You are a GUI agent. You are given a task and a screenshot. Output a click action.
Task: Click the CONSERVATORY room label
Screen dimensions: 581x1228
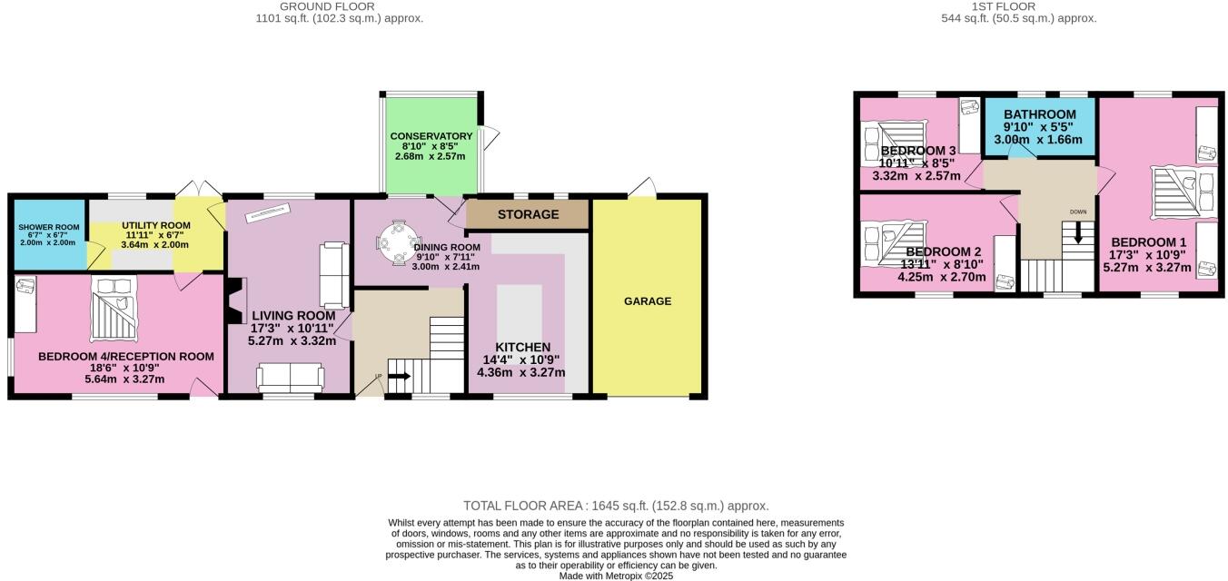click(x=431, y=136)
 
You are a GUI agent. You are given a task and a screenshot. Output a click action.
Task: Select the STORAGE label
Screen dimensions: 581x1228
click(x=528, y=215)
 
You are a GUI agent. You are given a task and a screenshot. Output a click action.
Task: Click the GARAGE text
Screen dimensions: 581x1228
click(x=648, y=301)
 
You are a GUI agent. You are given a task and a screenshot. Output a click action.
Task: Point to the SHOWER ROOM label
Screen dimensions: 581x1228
click(x=48, y=227)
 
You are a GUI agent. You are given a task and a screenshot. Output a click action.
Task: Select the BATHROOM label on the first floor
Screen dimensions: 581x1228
click(x=1039, y=115)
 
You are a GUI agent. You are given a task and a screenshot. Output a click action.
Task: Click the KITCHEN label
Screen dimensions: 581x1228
click(x=522, y=348)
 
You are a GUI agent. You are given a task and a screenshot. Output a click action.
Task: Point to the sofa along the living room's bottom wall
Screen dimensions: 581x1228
click(x=290, y=376)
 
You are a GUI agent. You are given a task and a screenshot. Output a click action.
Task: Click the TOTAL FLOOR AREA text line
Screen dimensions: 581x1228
click(x=616, y=506)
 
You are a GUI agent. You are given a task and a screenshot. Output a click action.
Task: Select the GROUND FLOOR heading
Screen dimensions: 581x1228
click(x=339, y=6)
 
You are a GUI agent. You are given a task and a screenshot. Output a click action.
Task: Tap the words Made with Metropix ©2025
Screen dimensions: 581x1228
click(x=616, y=576)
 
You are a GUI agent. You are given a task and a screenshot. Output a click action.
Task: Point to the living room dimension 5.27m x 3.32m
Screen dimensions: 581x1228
click(x=292, y=341)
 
